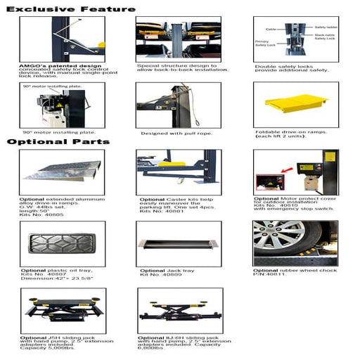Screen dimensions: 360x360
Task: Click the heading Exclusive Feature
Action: (70, 9)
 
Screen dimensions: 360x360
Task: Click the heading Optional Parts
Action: (58, 141)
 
